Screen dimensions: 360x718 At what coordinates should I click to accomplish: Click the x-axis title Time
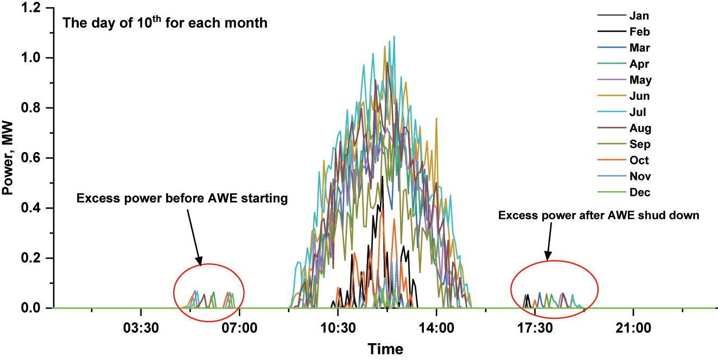click(385, 349)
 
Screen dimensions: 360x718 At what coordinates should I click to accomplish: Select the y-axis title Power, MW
click(9, 158)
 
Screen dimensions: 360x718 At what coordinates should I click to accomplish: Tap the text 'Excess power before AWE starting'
click(182, 198)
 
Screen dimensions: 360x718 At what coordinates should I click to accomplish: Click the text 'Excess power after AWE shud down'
click(599, 216)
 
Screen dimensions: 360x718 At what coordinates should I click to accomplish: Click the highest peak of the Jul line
click(394, 36)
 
